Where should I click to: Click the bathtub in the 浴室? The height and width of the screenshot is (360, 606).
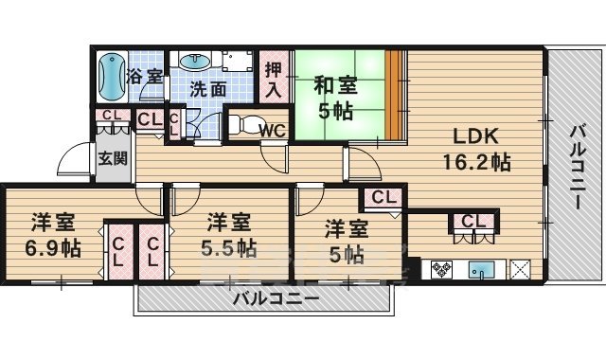point(110,76)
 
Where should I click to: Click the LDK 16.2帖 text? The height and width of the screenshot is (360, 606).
point(474,148)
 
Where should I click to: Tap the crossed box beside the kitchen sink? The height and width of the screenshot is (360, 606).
point(519,268)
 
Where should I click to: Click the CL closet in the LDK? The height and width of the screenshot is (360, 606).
point(474,222)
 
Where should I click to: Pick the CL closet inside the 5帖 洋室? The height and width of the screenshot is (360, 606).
point(383,198)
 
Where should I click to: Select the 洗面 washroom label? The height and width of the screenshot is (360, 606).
point(207,90)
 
